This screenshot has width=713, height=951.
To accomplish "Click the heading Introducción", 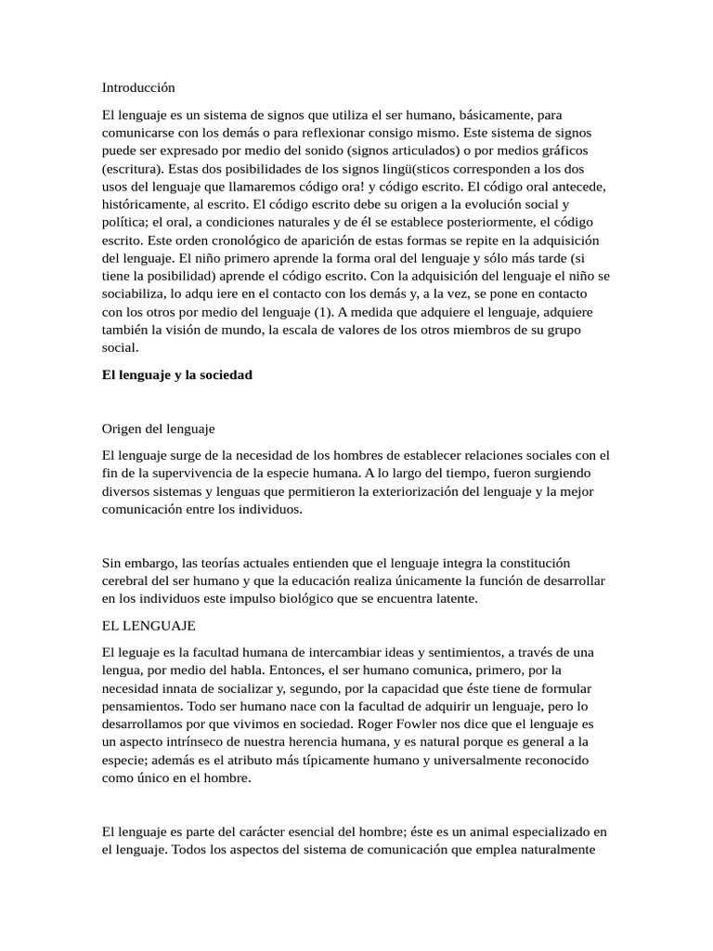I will pos(138,87).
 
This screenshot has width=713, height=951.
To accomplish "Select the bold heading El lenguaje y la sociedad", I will pos(177,374).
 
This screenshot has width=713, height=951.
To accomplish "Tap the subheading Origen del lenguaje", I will pos(158,428).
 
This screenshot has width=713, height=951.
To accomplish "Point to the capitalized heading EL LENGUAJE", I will pos(149,626).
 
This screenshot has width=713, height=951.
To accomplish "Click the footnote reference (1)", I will pos(325,312).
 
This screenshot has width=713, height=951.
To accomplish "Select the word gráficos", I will pos(563,150).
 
